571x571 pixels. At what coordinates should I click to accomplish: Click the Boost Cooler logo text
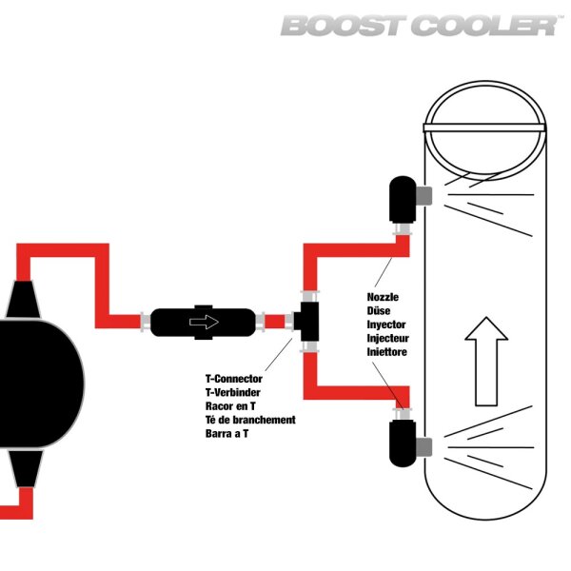[419, 25]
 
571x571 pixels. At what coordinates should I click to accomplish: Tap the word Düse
[380, 310]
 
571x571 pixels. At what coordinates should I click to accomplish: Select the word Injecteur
[389, 338]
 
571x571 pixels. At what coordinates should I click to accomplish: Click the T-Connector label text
[234, 379]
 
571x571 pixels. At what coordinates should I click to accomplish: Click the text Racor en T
[230, 405]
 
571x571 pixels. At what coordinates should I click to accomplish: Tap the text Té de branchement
[250, 419]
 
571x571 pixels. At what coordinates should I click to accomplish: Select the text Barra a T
[227, 432]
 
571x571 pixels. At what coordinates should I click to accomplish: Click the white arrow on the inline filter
[204, 322]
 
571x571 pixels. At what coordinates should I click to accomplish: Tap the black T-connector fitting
[306, 322]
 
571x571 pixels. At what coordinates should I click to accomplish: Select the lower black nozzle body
[401, 443]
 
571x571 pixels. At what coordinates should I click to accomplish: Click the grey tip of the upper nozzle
[424, 195]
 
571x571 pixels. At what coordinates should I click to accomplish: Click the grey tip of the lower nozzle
[424, 445]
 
